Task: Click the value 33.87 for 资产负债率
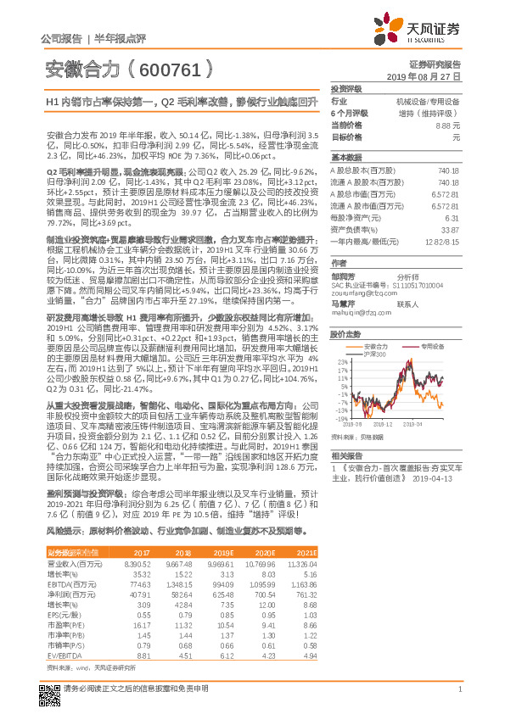point(451,229)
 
